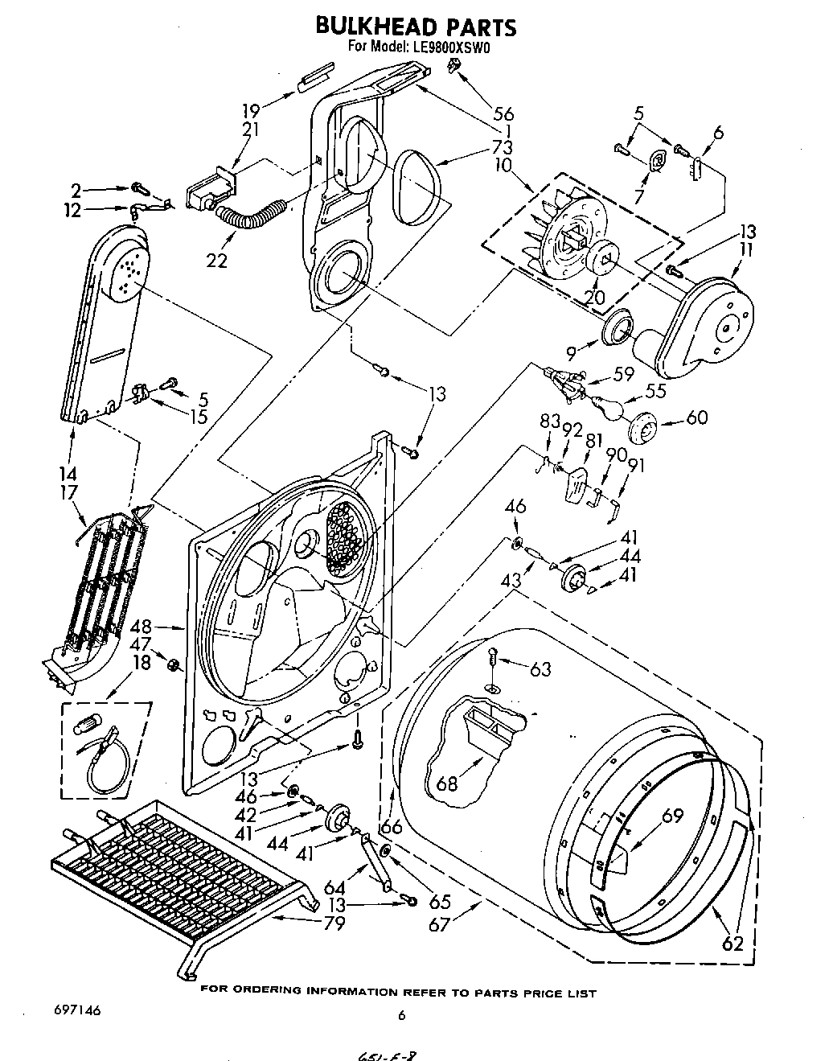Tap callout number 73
click(x=503, y=148)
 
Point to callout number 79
click(x=333, y=923)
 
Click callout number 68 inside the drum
click(x=446, y=782)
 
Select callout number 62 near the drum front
click(x=732, y=943)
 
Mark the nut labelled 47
click(x=172, y=664)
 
